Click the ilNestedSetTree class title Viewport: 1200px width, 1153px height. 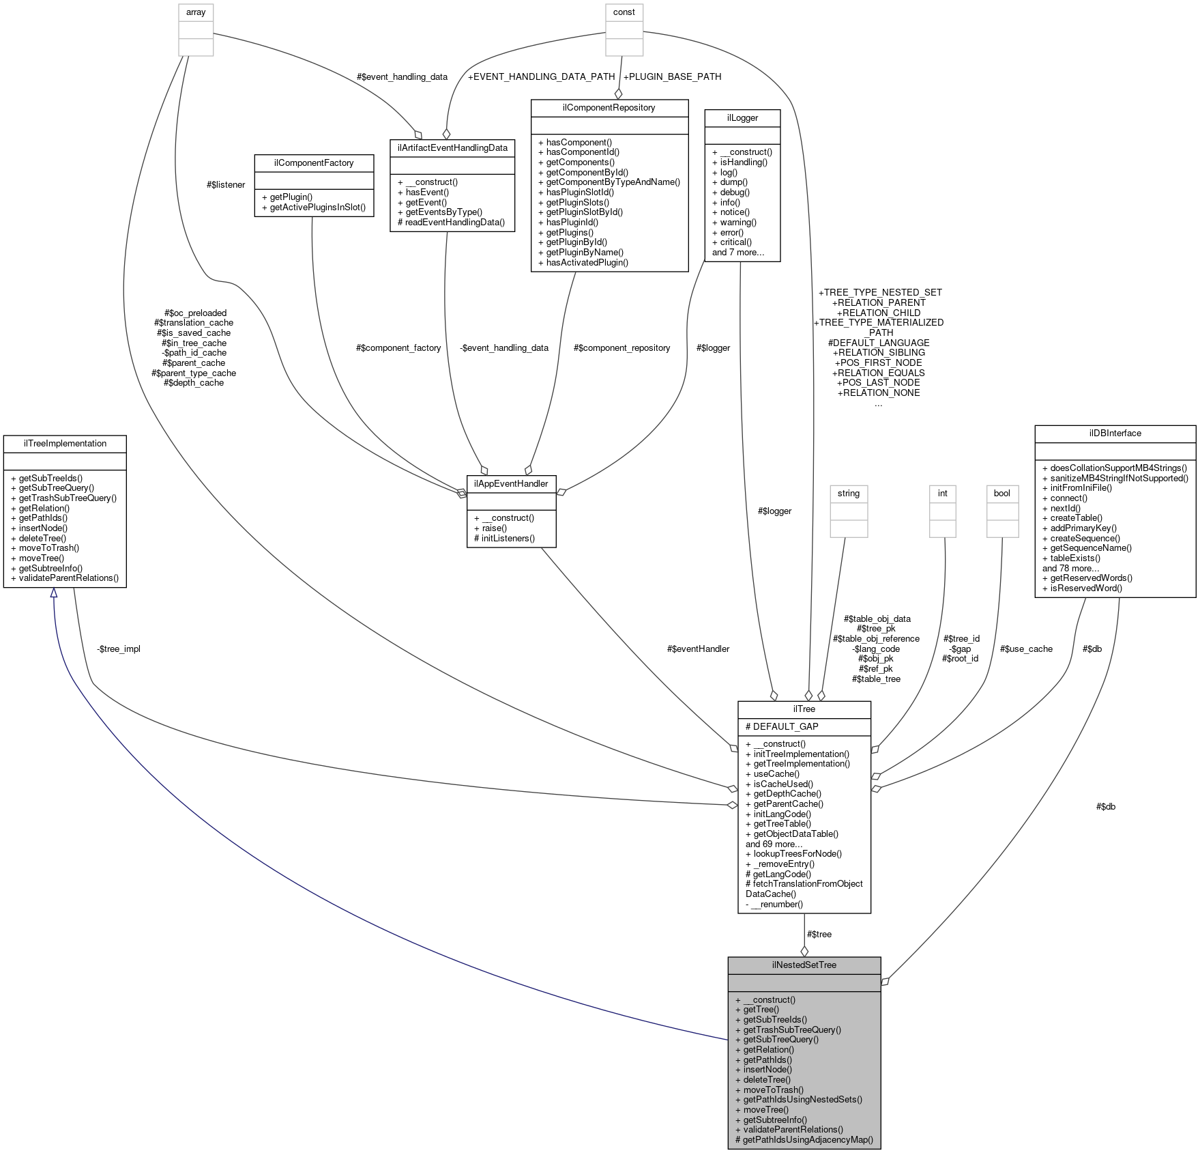[804, 965]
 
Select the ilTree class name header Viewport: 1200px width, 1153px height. [804, 709]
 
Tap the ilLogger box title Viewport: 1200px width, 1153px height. [742, 117]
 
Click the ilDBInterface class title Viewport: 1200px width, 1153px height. [1115, 433]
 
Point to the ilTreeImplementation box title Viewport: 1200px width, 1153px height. [65, 443]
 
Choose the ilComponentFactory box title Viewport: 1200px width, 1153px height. [314, 162]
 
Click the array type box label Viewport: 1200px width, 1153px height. [196, 12]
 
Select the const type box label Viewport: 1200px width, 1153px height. [624, 12]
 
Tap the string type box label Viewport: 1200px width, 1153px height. [849, 493]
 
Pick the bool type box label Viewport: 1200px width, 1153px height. [1001, 493]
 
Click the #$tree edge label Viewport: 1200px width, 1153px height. [819, 934]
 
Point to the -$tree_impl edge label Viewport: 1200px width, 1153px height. [119, 649]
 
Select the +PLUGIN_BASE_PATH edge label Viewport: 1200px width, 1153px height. [672, 76]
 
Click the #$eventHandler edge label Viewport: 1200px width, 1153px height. [698, 649]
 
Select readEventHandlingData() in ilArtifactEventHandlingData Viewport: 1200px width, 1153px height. [451, 222]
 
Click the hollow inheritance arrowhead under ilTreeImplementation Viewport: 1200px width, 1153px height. [53, 593]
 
